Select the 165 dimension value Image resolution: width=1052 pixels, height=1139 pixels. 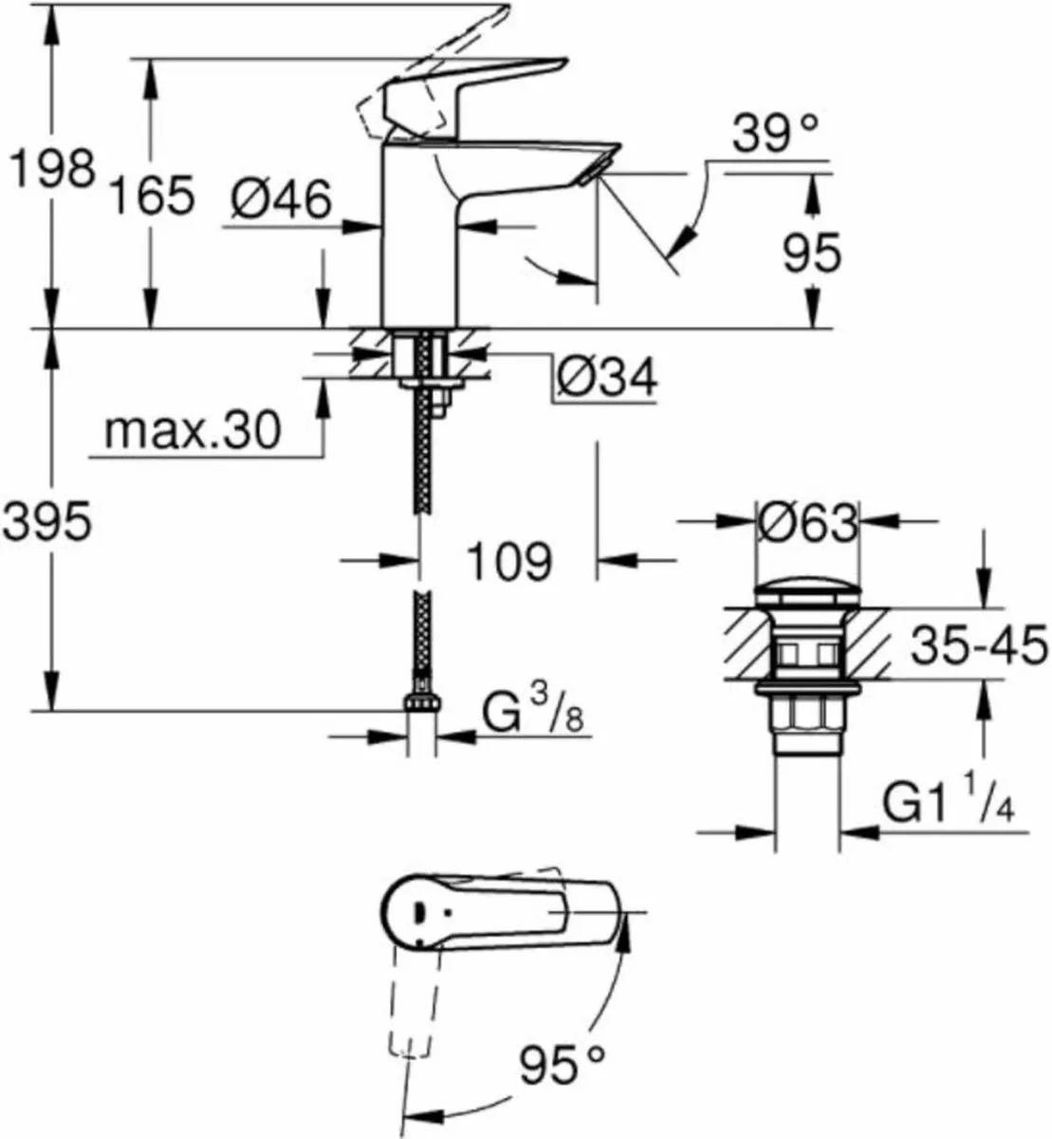[151, 196]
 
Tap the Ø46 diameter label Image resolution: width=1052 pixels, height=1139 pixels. [282, 199]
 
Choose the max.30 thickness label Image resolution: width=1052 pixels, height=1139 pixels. [193, 431]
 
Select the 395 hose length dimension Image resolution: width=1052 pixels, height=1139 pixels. [46, 521]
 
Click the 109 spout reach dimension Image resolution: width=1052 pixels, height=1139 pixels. [508, 561]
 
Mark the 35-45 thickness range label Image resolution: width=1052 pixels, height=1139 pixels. [978, 647]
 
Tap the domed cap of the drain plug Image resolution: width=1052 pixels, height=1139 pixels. [807, 594]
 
